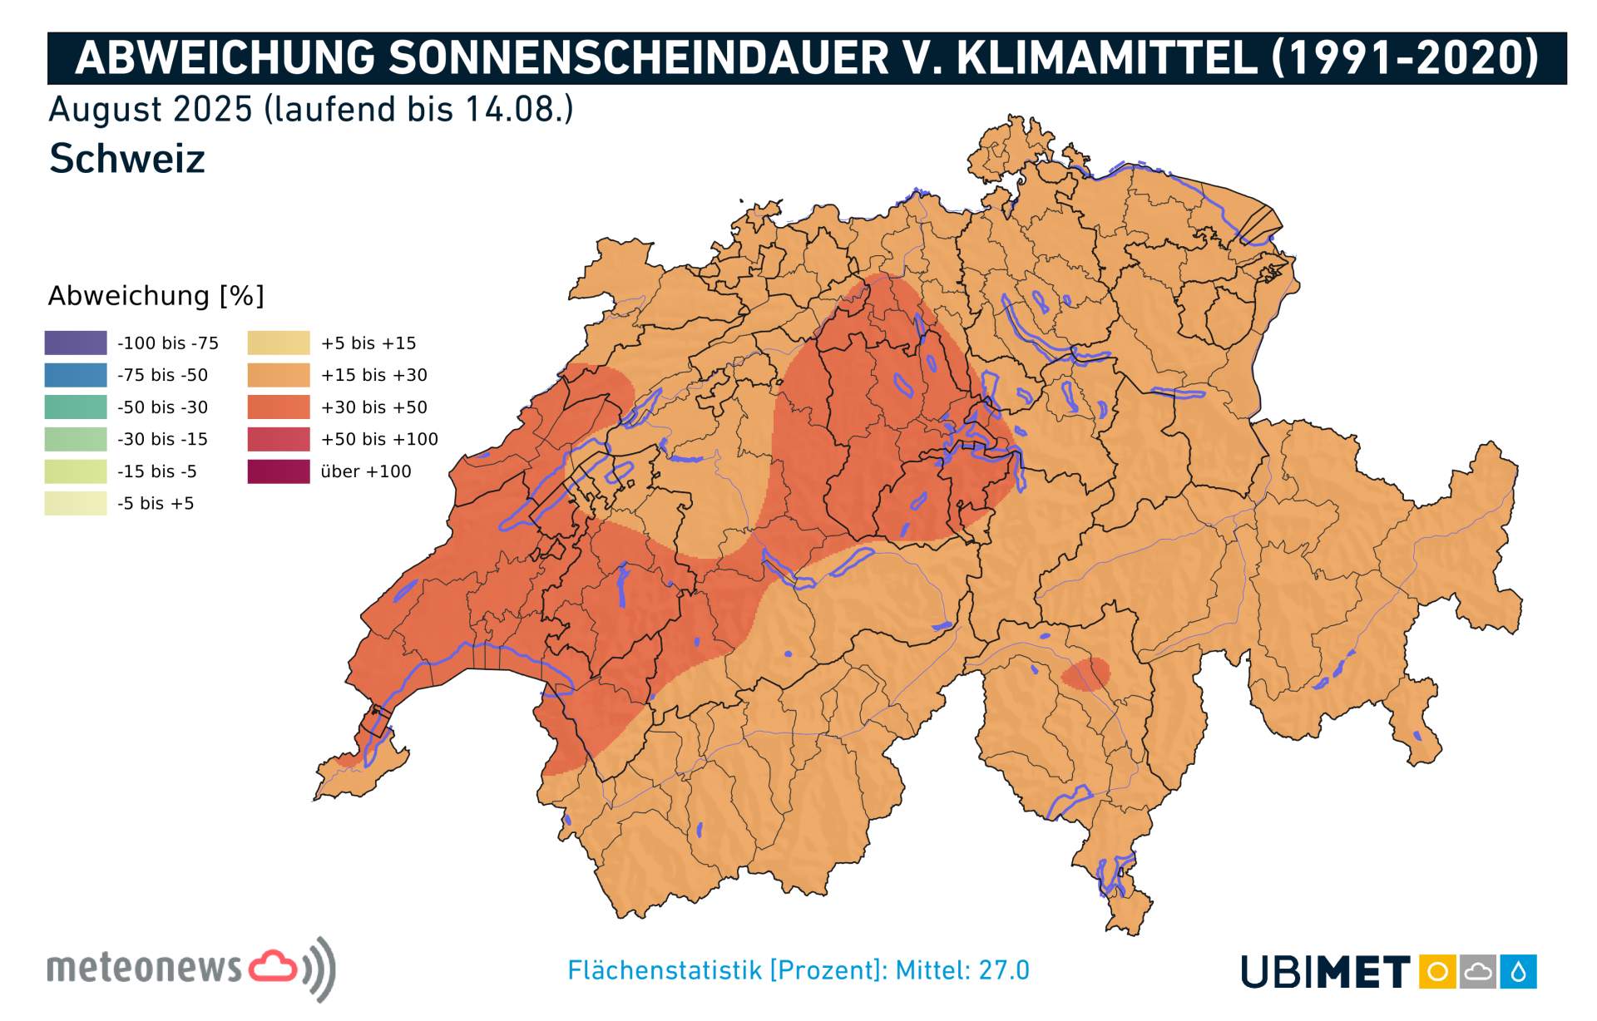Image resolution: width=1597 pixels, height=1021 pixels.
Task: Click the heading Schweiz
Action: coord(127,159)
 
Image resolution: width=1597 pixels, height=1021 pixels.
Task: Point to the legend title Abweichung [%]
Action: coord(156,296)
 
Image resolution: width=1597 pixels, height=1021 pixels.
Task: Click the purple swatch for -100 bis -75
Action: coord(76,343)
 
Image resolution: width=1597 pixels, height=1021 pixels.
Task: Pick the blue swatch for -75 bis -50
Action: coord(76,375)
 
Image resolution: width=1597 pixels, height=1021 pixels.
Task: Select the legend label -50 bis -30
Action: coord(163,407)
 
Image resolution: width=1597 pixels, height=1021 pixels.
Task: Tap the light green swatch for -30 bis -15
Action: coord(76,439)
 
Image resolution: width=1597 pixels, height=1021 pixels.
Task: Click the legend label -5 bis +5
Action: coord(156,503)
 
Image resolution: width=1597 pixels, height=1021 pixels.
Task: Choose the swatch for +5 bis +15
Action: coord(279,343)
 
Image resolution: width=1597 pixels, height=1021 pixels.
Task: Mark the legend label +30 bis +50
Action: coord(373,407)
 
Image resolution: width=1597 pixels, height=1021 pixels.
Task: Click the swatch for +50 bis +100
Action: coord(279,439)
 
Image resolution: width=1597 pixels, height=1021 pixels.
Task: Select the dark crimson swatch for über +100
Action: coord(279,471)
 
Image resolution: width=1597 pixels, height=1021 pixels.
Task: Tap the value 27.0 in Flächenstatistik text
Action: coord(1004,970)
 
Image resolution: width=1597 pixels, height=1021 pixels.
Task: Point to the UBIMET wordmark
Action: coord(1326,972)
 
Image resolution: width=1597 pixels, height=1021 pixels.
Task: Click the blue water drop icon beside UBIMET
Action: coord(1519,972)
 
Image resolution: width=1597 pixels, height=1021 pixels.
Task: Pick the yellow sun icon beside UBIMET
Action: coord(1437,972)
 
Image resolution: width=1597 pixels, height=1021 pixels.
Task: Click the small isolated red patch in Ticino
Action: coord(1085,674)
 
